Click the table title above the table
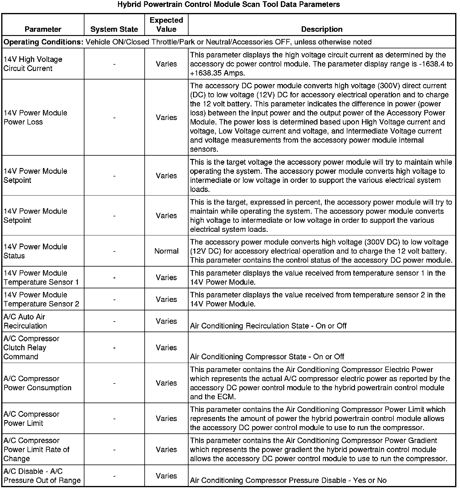point(228,5)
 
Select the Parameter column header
point(43,29)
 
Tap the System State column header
point(114,29)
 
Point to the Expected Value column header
point(166,25)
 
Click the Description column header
point(322,29)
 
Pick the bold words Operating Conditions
point(43,42)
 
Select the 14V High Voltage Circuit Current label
point(33,64)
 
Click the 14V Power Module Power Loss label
point(35,117)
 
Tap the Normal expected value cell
point(166,251)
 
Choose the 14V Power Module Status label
point(35,251)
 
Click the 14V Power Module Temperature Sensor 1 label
point(41,277)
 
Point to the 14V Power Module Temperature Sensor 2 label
point(41,299)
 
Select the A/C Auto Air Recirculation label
point(25,321)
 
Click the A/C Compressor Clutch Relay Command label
point(31,348)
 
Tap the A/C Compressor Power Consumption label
point(38,383)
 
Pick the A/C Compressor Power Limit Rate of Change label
point(36,449)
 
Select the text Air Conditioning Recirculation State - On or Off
point(268,326)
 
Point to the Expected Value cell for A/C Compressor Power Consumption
point(166,383)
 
